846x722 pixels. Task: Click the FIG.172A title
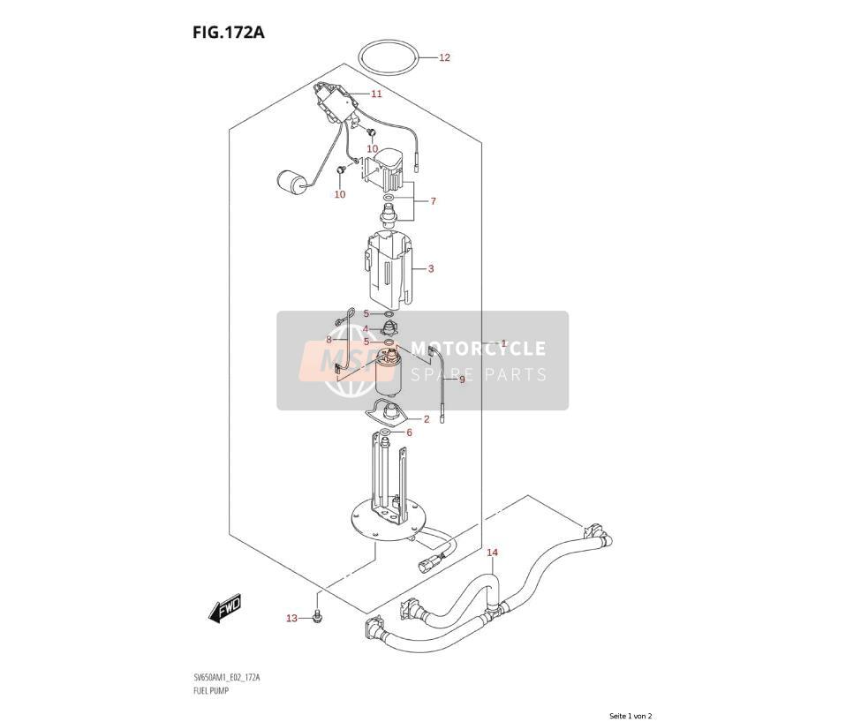pos(228,33)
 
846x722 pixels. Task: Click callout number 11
pos(376,94)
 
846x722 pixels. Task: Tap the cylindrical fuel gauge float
pos(291,182)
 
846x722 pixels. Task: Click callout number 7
pos(433,201)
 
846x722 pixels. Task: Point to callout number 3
pos(431,268)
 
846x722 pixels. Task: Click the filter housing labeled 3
pos(389,266)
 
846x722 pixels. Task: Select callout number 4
pos(366,329)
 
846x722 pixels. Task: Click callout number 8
pos(329,340)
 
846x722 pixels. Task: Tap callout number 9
pos(462,380)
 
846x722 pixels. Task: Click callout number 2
pos(427,419)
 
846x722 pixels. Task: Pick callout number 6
pos(409,432)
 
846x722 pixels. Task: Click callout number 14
pos(493,553)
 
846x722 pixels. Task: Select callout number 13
pos(291,618)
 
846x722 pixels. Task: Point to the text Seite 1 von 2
pos(631,716)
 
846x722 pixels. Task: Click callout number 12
pos(444,57)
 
